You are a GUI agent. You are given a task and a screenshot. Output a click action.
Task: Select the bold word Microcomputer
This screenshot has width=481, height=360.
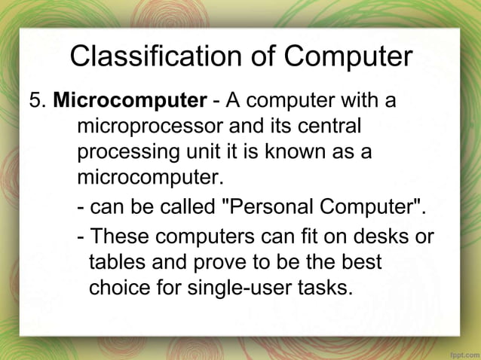[130, 100]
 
